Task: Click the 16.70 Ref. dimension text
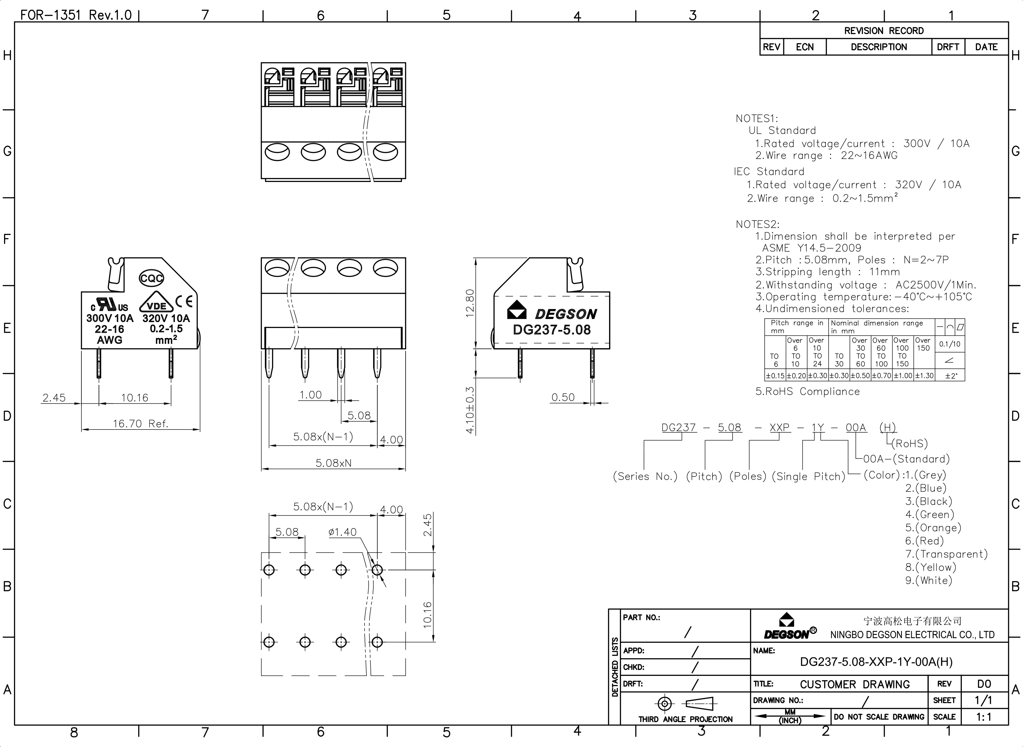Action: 140,424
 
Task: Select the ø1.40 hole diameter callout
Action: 342,532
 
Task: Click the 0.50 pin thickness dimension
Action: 563,398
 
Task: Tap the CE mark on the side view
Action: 184,301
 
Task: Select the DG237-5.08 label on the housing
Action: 552,330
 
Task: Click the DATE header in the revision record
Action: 986,47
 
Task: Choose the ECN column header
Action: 805,47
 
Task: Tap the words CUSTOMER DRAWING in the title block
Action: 854,685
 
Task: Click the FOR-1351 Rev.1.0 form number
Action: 76,15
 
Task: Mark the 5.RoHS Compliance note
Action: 807,392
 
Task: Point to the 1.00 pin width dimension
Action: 311,395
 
